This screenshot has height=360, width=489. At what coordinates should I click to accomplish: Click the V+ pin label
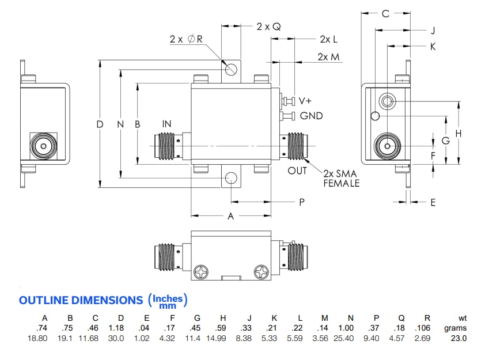tap(305, 101)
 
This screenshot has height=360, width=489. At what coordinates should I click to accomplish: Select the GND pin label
tap(311, 116)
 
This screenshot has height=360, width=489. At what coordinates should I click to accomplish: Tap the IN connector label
tap(167, 124)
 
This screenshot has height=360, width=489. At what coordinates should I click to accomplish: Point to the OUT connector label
tap(298, 171)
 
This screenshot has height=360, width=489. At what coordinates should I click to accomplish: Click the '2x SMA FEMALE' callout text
tap(341, 178)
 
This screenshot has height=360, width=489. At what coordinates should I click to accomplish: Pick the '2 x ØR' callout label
tap(186, 39)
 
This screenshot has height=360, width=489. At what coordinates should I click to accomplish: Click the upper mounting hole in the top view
tap(231, 69)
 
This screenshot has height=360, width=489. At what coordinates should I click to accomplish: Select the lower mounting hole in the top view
tap(231, 177)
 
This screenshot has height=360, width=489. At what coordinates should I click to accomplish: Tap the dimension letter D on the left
tap(100, 124)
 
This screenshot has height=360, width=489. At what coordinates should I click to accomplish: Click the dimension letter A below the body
tap(231, 216)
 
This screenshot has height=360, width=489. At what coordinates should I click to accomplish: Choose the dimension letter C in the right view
tap(385, 13)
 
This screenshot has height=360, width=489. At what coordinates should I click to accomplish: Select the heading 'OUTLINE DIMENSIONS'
tap(81, 300)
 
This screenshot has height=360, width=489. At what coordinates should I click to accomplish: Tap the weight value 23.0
tap(458, 338)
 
